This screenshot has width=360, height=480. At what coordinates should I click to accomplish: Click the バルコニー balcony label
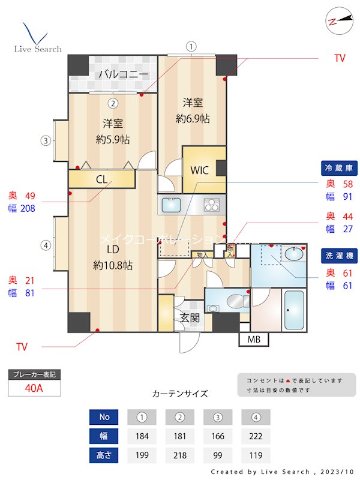(123, 75)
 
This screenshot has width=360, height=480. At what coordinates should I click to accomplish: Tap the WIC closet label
(200, 170)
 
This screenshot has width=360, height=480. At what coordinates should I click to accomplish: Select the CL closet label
(101, 179)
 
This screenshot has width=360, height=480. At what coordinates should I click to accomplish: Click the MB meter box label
(254, 340)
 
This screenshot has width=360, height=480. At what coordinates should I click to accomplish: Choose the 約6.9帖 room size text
(193, 119)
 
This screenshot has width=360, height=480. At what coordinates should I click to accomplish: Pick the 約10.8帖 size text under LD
(113, 265)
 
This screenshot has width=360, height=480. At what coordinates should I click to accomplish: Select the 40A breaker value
(34, 388)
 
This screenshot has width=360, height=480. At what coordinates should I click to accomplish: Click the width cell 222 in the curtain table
(256, 436)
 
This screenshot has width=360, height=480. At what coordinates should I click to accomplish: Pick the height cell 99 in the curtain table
(218, 455)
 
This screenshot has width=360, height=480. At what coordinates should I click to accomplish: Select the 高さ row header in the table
(104, 455)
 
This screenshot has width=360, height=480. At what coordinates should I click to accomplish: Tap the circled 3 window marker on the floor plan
(45, 142)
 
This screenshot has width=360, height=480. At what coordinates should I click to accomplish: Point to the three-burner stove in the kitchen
(212, 205)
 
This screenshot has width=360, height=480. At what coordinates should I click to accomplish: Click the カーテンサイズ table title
(180, 394)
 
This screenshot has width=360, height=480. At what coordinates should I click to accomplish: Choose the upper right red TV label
(340, 58)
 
